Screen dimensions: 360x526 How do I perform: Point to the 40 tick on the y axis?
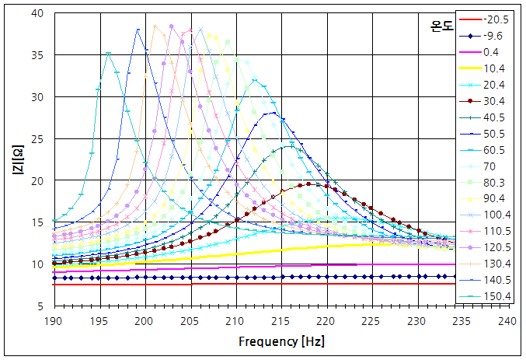click(x=38, y=14)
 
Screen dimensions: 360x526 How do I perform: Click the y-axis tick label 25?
click(x=38, y=139)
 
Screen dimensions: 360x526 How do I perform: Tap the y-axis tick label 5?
click(x=40, y=306)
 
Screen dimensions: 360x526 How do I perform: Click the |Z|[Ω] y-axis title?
click(x=16, y=160)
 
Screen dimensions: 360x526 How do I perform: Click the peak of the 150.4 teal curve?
click(x=109, y=54)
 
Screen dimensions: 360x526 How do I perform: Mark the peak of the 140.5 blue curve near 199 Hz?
click(x=138, y=30)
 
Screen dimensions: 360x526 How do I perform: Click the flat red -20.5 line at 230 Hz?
click(x=416, y=284)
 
